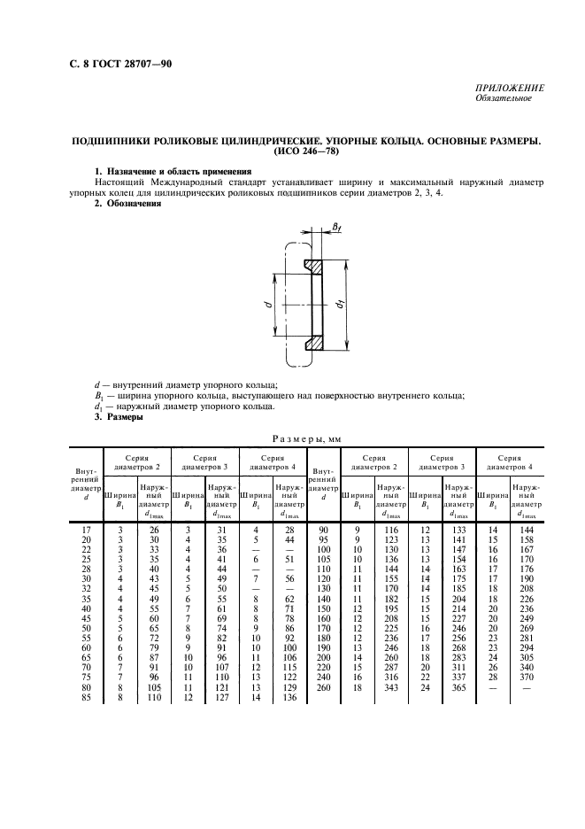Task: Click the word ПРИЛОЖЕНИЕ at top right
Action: (x=511, y=88)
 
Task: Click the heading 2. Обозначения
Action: (x=127, y=204)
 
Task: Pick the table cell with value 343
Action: (x=386, y=687)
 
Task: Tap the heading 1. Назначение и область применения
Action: (x=173, y=170)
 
